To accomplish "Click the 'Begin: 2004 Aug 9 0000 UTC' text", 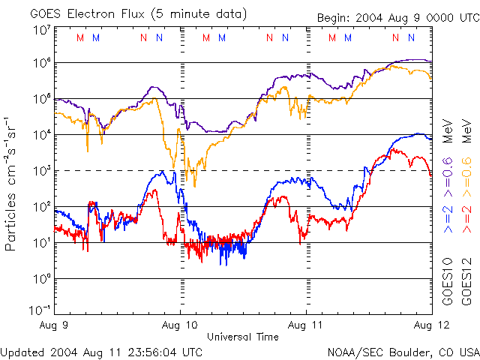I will click(396, 16).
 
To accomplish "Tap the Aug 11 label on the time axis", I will click(306, 325).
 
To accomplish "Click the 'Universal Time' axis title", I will click(242, 337).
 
